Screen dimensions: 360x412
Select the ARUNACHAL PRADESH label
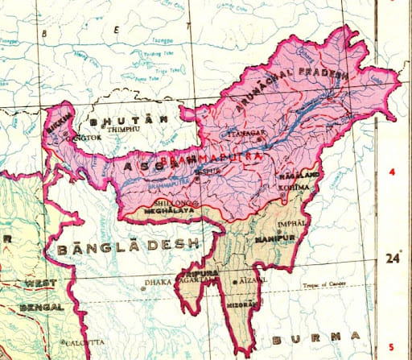point(289,88)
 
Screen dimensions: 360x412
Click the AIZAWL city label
point(250,282)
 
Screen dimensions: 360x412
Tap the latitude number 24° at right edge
point(392,259)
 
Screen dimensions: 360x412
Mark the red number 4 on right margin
point(391,173)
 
